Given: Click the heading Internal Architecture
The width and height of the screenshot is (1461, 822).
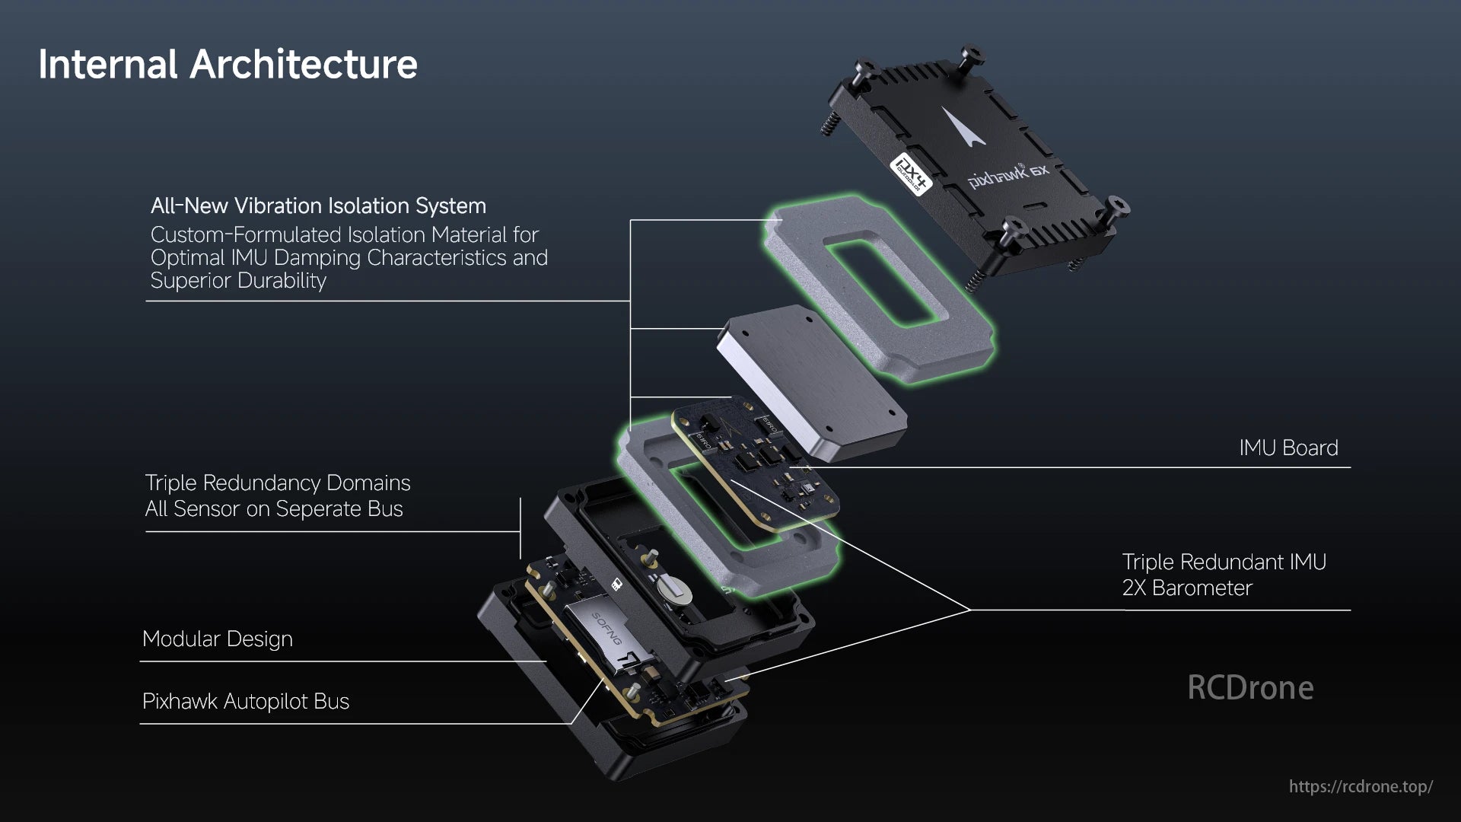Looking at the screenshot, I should point(228,64).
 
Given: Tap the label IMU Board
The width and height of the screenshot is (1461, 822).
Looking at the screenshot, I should point(1288,448).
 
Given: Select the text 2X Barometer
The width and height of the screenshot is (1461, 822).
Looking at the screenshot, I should point(1186,588).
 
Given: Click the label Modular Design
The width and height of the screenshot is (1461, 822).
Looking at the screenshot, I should point(217,639).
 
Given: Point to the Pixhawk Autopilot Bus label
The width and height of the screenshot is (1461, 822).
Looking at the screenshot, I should point(245,701).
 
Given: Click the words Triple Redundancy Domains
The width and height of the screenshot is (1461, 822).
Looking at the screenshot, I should point(277,483).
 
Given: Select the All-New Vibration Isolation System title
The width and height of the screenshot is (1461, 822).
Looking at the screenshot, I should point(318,205).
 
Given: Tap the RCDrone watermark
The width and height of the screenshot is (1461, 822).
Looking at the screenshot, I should point(1249,687).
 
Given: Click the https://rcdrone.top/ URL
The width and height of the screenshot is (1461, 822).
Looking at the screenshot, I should point(1360,786).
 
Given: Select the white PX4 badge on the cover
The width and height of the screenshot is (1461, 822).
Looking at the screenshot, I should point(911,174).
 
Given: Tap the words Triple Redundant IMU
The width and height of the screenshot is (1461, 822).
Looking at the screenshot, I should point(1224,562).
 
